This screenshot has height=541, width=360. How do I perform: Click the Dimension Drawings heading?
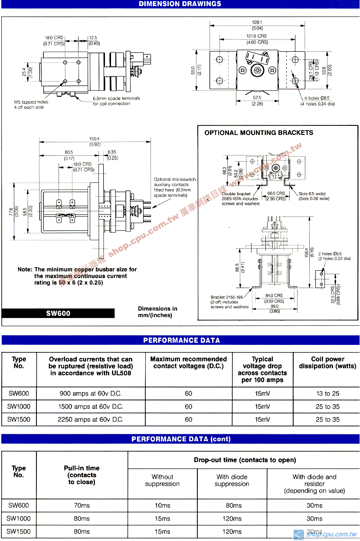(x=180, y=4)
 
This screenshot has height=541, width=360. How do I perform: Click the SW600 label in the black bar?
(x=58, y=313)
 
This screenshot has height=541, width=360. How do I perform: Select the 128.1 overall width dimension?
(x=257, y=22)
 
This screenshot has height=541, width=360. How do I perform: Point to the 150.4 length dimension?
(x=95, y=139)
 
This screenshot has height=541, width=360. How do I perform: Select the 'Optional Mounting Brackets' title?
(x=259, y=133)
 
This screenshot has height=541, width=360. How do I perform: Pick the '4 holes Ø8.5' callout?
(x=317, y=98)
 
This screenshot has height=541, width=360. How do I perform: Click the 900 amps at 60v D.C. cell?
(x=90, y=393)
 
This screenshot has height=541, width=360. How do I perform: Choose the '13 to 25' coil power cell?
(x=327, y=393)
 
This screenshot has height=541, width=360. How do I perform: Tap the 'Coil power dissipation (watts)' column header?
(x=327, y=363)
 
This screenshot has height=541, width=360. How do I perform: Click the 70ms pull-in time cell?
(x=82, y=505)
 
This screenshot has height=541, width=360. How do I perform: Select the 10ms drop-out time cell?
(x=162, y=505)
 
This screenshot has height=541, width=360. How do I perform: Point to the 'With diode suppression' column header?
(x=232, y=480)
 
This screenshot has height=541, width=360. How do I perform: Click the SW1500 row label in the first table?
(x=19, y=420)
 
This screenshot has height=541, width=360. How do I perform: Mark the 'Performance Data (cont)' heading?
(x=181, y=439)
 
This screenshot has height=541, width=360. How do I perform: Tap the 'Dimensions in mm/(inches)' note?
(x=157, y=312)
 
